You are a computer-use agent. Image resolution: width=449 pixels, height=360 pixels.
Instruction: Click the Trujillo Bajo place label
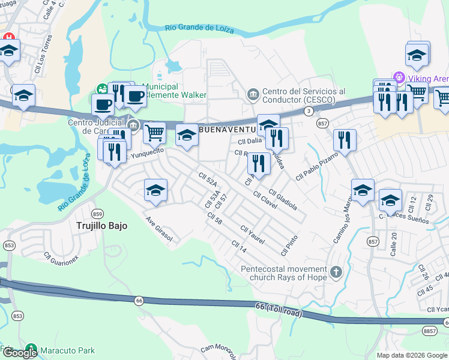99,226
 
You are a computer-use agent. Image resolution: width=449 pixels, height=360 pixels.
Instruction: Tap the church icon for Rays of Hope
336,272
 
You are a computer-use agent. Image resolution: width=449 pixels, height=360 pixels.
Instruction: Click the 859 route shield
98,214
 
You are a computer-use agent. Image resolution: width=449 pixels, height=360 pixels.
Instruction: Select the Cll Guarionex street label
61,257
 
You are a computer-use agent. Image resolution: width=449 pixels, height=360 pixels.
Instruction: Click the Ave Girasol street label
159,229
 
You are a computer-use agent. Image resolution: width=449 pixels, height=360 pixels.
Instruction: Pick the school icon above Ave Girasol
155,190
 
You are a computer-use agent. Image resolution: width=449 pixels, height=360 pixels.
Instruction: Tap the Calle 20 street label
393,244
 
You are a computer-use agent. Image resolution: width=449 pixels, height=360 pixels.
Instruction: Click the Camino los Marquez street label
340,221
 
